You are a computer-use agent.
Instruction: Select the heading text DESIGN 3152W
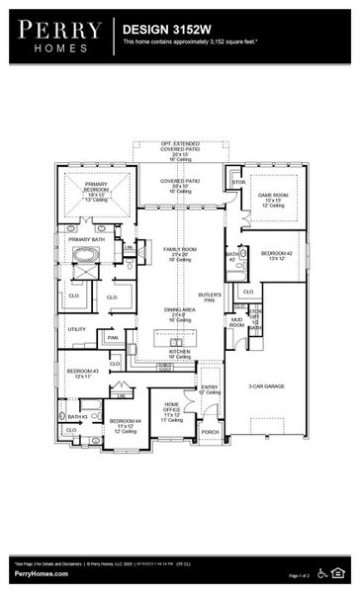click(159, 31)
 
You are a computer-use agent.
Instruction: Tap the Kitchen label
click(180, 352)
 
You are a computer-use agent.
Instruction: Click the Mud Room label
click(236, 322)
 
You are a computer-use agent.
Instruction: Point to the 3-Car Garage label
click(267, 386)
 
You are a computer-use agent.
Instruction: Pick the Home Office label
click(172, 408)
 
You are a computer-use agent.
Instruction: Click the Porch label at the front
click(210, 432)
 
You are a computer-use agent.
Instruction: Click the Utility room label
click(77, 329)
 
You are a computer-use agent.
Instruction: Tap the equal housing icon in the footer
click(341, 572)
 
